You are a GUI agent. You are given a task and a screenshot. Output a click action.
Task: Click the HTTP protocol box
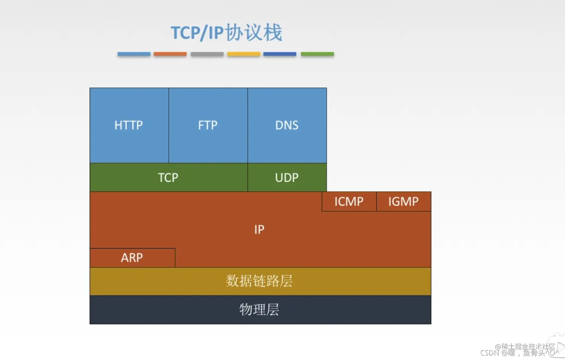pos(129,125)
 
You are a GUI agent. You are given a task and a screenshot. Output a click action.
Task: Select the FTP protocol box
pos(208,125)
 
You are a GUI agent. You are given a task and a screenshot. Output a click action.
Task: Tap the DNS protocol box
pos(287,125)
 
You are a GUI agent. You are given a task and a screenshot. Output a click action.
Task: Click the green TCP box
pos(168,177)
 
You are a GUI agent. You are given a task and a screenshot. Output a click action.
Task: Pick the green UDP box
pos(287,177)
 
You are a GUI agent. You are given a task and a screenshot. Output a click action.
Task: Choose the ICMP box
pos(349,201)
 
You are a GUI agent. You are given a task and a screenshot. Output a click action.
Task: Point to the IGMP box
pos(403,201)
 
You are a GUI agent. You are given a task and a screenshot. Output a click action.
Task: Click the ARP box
pos(132,258)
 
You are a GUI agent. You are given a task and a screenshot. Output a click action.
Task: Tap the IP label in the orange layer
pos(259,229)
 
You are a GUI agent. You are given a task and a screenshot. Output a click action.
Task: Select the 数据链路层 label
pos(259,281)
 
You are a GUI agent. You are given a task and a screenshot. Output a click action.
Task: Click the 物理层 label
pos(259,310)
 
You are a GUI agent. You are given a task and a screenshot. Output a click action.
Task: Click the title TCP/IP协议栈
pos(226,32)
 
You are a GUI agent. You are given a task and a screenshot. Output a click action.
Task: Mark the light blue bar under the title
pos(134,54)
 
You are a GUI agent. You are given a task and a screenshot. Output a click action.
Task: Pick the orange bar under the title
pos(170,54)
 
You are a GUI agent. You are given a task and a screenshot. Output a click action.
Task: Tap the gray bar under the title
pos(207,54)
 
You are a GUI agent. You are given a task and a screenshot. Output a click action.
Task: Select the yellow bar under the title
pos(243,54)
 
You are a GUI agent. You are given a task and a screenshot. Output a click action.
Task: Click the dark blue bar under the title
pos(279,54)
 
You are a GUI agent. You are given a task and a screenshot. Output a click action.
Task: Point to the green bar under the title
pos(317,54)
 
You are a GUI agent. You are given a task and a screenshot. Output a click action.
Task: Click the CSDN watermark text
pos(490,353)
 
